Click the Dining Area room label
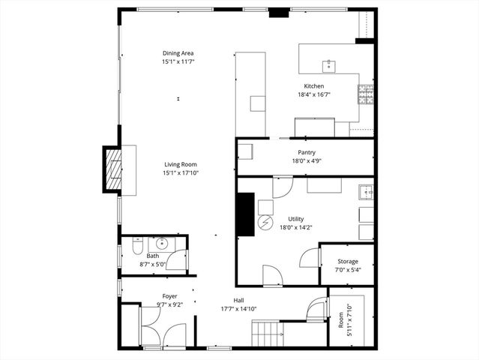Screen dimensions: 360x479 178,52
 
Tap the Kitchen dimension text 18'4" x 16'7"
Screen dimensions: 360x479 313,96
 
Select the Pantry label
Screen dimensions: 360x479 306,151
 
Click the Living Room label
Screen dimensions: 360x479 181,164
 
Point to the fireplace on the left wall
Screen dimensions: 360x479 112,170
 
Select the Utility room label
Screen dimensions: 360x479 295,219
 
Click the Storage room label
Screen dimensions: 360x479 347,261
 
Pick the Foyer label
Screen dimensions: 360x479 170,296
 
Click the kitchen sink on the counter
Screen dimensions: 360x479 328,64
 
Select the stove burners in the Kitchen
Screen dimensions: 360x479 366,94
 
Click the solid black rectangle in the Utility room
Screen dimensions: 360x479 245,214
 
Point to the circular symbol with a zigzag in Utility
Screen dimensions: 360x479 265,223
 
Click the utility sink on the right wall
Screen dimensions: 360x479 366,191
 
